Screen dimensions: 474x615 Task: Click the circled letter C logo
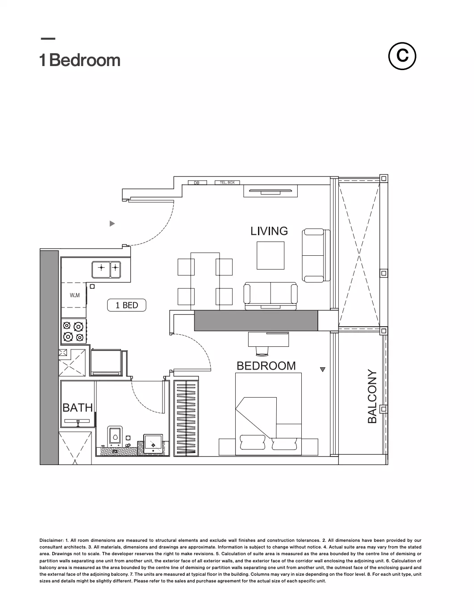[x=402, y=56]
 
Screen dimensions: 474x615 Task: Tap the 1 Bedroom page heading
[x=80, y=60]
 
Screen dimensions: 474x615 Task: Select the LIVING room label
[x=269, y=231]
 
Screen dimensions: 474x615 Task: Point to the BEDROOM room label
[x=266, y=366]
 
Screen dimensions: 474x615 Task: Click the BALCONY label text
[x=372, y=396]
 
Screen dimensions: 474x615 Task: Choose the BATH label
[x=78, y=408]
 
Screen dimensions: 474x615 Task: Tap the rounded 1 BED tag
[x=126, y=305]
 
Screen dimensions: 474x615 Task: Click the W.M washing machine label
[x=75, y=295]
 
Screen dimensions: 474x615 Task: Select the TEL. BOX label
[x=227, y=183]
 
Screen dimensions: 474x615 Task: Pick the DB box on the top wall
[x=197, y=183]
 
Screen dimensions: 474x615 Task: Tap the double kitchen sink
[x=106, y=270]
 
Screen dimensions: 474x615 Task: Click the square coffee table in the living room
[x=270, y=255]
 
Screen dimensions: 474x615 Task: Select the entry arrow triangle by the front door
[x=112, y=224]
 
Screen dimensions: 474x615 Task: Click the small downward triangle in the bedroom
[x=323, y=370]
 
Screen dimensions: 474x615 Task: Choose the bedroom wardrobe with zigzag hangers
[x=186, y=416]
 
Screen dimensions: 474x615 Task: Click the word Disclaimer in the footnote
[x=52, y=540]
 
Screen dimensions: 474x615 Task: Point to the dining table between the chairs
[x=205, y=281]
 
